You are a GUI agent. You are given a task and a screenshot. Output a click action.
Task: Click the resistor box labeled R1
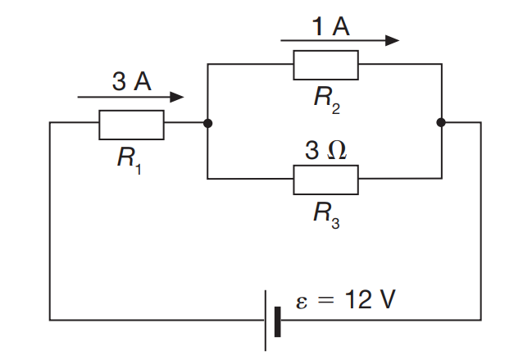tap(131, 125)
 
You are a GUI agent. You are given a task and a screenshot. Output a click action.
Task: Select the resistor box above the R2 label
tap(325, 65)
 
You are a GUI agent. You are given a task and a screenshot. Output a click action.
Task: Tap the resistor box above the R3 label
tap(325, 179)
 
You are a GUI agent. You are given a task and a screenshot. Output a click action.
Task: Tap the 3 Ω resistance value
tap(325, 151)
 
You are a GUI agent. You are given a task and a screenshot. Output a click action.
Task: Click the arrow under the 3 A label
tap(130, 98)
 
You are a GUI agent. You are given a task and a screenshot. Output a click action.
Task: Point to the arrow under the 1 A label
tap(339, 40)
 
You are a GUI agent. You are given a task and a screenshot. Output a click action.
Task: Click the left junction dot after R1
tap(208, 124)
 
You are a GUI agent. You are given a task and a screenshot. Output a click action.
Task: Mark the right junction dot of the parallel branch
tap(441, 124)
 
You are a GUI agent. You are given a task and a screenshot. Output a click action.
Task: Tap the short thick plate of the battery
tap(279, 320)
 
